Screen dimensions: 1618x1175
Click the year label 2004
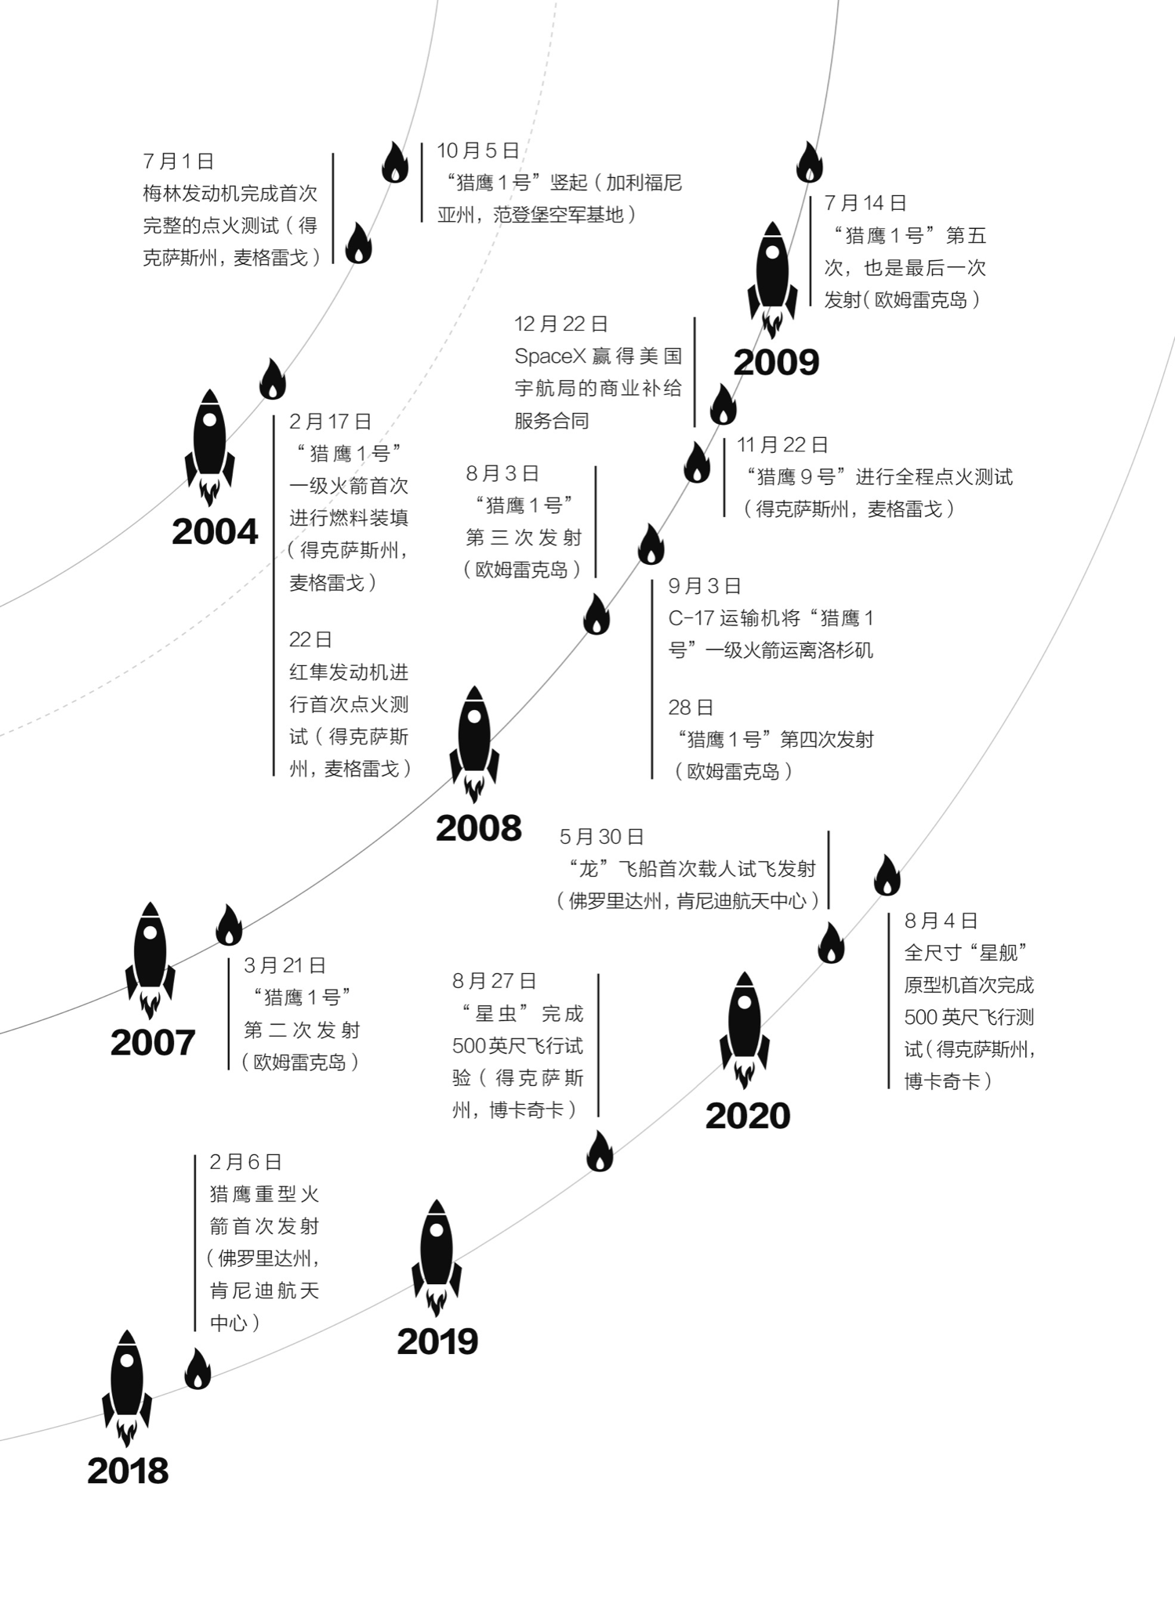click(x=215, y=533)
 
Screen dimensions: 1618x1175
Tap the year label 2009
click(x=776, y=363)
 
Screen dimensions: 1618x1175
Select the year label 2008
click(x=478, y=829)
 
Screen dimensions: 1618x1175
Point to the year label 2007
click(x=153, y=1043)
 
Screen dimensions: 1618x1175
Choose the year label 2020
click(x=748, y=1117)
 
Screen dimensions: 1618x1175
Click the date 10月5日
click(x=478, y=150)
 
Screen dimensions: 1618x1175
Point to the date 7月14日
click(x=865, y=204)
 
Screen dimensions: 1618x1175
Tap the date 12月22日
click(x=561, y=324)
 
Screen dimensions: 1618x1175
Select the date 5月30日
click(x=601, y=837)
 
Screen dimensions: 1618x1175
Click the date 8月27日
click(x=495, y=981)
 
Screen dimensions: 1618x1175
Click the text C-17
click(x=691, y=618)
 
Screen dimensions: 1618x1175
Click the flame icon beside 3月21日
click(x=229, y=925)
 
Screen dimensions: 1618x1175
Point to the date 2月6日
click(x=245, y=1162)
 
